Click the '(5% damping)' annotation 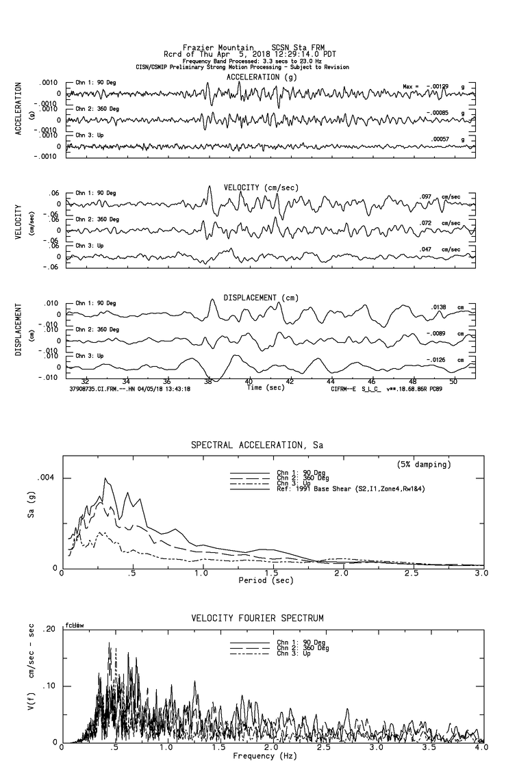pyautogui.click(x=424, y=465)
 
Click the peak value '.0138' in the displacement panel pyautogui.click(x=438, y=307)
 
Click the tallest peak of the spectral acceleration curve pyautogui.click(x=105, y=478)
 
